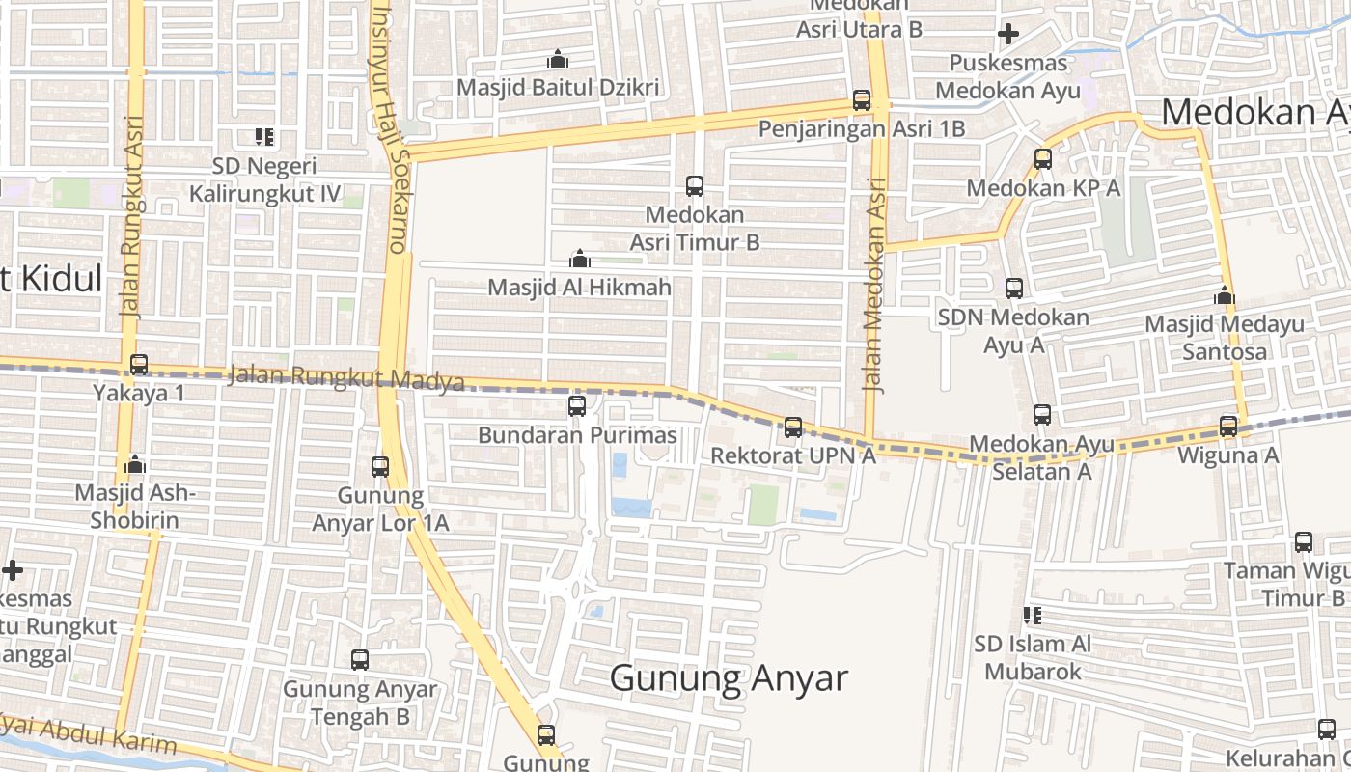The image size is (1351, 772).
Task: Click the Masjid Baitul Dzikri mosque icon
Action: pyautogui.click(x=558, y=60)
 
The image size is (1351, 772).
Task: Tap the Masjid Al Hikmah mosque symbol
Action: pyautogui.click(x=579, y=259)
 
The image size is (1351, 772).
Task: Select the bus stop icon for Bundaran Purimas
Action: pyautogui.click(x=577, y=406)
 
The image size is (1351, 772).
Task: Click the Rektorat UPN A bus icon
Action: pyautogui.click(x=793, y=427)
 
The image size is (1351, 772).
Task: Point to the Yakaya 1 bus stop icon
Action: pyautogui.click(x=139, y=365)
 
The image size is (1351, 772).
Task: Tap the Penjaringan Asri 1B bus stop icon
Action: pyautogui.click(x=862, y=100)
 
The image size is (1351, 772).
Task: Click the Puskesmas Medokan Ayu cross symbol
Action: pyautogui.click(x=1008, y=35)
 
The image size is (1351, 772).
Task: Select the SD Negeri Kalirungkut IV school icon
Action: pyautogui.click(x=264, y=138)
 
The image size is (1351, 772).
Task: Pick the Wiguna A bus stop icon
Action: pyautogui.click(x=1228, y=426)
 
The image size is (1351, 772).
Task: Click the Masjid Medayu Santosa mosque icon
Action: pyautogui.click(x=1225, y=295)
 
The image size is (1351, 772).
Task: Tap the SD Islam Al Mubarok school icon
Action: pyautogui.click(x=1033, y=615)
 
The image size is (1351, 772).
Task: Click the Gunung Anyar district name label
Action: pyautogui.click(x=729, y=678)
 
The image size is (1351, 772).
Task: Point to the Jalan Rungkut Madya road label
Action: pyautogui.click(x=346, y=378)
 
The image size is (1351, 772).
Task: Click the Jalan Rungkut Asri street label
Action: pyautogui.click(x=133, y=217)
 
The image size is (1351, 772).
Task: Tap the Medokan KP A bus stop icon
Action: pyautogui.click(x=1043, y=159)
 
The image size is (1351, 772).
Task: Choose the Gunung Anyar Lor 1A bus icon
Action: pyautogui.click(x=380, y=467)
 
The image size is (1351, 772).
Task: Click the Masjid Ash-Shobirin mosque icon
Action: pyautogui.click(x=135, y=465)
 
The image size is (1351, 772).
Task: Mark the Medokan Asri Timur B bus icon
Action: pyautogui.click(x=695, y=186)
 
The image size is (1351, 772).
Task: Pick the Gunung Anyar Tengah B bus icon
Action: pyautogui.click(x=360, y=660)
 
